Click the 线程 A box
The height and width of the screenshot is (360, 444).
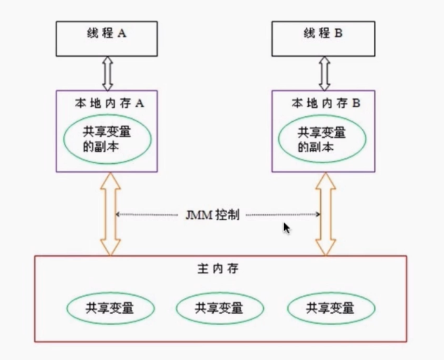107,38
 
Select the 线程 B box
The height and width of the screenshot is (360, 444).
325,38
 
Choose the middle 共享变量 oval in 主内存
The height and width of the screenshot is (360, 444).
219,309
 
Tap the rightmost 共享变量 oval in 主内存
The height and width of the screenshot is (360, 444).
330,309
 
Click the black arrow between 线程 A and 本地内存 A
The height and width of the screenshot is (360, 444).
107,72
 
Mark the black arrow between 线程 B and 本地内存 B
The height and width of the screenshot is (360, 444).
325,72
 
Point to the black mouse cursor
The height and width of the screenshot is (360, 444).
287,228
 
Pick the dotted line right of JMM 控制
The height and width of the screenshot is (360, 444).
282,215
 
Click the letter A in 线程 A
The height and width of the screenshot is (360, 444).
122,34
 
